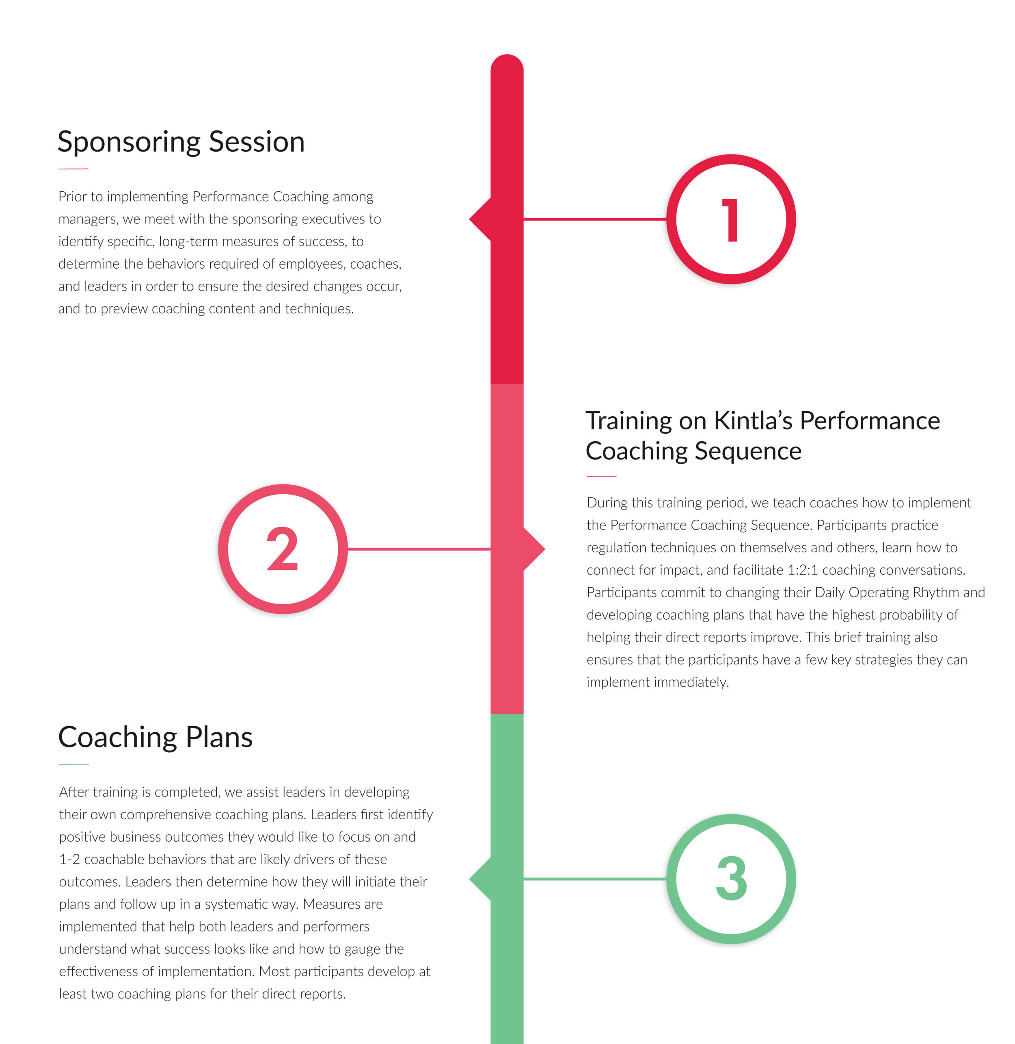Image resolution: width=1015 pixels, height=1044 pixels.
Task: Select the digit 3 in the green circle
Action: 731,878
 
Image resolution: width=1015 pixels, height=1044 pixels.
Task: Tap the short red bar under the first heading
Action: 94,179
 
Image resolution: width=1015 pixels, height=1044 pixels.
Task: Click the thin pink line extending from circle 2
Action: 416,548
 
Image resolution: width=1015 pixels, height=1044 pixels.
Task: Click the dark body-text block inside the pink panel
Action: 800,592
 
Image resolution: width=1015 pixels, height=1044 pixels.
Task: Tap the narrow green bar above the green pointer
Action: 511,795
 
